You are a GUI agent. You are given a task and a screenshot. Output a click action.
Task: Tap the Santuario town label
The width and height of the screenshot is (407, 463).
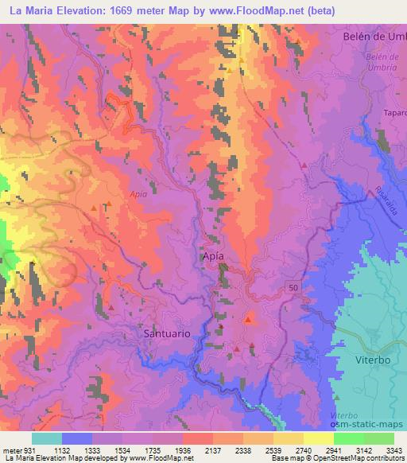[x=167, y=334]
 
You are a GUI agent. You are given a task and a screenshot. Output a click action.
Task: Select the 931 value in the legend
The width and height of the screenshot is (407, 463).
[x=27, y=449]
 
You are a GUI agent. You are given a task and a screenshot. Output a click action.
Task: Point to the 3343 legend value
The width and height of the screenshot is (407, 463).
[x=393, y=449]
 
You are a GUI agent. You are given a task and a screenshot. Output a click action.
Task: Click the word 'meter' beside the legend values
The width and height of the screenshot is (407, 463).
[x=10, y=449]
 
